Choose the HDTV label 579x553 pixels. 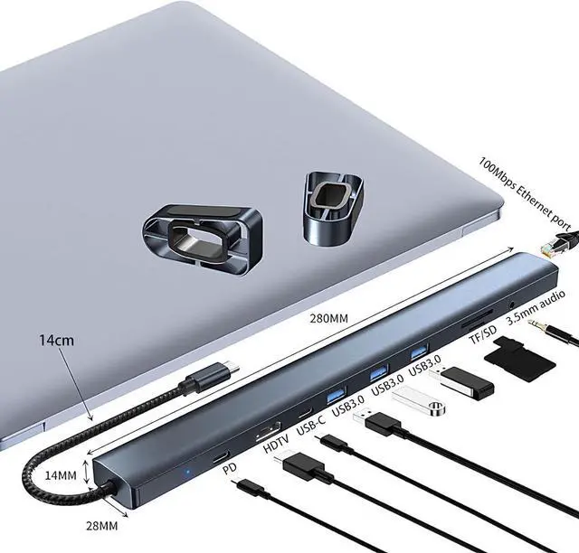click(x=273, y=446)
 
